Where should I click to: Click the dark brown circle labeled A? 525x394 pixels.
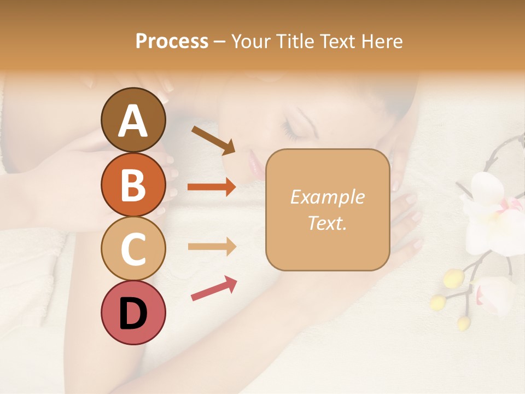click(133, 120)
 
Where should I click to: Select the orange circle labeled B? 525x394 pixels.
click(133, 184)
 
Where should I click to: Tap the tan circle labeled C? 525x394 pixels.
click(133, 248)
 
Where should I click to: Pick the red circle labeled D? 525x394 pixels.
click(133, 312)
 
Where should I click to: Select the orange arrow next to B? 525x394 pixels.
click(212, 187)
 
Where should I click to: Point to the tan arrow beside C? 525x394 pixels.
click(212, 247)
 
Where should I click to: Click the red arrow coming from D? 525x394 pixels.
click(214, 288)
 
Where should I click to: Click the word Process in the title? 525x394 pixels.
click(172, 42)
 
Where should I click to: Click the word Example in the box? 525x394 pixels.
click(327, 197)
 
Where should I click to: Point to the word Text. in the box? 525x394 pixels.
click(327, 223)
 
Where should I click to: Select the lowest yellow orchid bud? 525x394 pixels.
click(463, 323)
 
